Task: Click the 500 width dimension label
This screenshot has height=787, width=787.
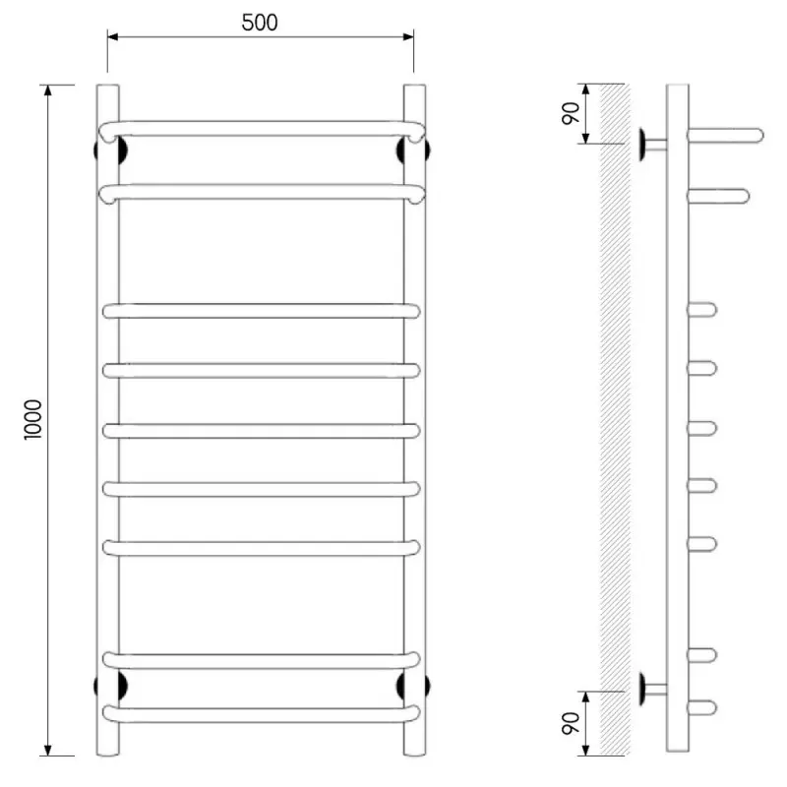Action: pos(260,23)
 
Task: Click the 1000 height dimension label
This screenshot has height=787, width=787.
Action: pos(33,420)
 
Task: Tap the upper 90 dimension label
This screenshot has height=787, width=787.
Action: pos(571,113)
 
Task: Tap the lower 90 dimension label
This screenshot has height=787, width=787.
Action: pos(571,723)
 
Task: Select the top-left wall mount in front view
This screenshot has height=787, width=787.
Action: pos(110,151)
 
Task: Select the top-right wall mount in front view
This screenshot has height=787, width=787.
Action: pos(413,151)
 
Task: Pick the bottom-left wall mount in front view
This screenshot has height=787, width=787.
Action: pos(110,686)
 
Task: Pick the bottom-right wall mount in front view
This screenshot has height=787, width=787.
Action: pos(413,686)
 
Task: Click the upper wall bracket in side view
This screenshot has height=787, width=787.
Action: pos(652,145)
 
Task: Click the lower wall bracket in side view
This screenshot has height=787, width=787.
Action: pos(652,690)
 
